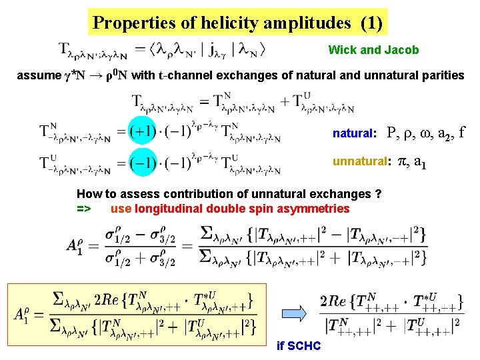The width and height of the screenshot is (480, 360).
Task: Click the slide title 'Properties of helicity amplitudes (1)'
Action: (x=237, y=23)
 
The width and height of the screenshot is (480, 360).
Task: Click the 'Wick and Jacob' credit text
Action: (x=373, y=50)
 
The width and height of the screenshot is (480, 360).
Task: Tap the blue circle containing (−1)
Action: (x=143, y=162)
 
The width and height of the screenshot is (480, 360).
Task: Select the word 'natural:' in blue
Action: (x=355, y=133)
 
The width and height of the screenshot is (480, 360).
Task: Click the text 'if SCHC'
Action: (x=299, y=346)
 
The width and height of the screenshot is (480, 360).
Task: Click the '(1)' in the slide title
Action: (x=371, y=23)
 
